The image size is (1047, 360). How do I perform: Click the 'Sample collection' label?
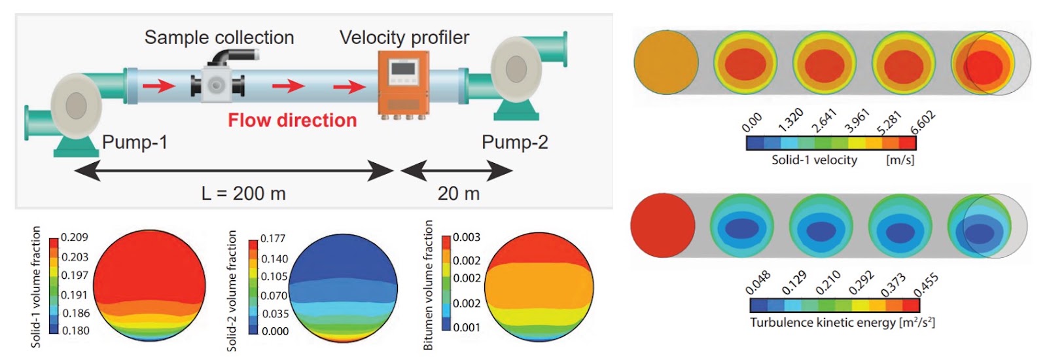click(x=219, y=37)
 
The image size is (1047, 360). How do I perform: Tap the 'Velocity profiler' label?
click(x=404, y=37)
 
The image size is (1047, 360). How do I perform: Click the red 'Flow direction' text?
click(x=292, y=120)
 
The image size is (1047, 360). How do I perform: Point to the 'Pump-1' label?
click(x=135, y=141)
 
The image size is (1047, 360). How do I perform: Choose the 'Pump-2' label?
click(x=514, y=141)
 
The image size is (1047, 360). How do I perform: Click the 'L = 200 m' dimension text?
click(x=243, y=193)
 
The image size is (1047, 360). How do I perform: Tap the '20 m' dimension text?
click(x=459, y=193)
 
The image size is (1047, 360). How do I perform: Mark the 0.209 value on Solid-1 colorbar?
click(x=75, y=237)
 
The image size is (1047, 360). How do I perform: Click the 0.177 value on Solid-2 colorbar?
click(x=273, y=238)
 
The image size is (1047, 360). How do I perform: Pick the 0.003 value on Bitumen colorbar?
click(x=467, y=238)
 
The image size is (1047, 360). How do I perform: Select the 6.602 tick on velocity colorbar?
click(x=923, y=123)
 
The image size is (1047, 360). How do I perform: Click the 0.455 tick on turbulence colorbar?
click(x=926, y=285)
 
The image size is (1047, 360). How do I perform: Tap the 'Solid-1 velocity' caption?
click(x=814, y=160)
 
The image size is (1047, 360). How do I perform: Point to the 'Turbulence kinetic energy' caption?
click(x=823, y=323)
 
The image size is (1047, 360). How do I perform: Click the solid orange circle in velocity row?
click(x=666, y=63)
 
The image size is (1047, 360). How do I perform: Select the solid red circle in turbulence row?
click(x=663, y=225)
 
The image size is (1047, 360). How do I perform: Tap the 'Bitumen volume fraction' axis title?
click(x=428, y=285)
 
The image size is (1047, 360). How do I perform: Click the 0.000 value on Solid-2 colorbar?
click(x=275, y=331)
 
